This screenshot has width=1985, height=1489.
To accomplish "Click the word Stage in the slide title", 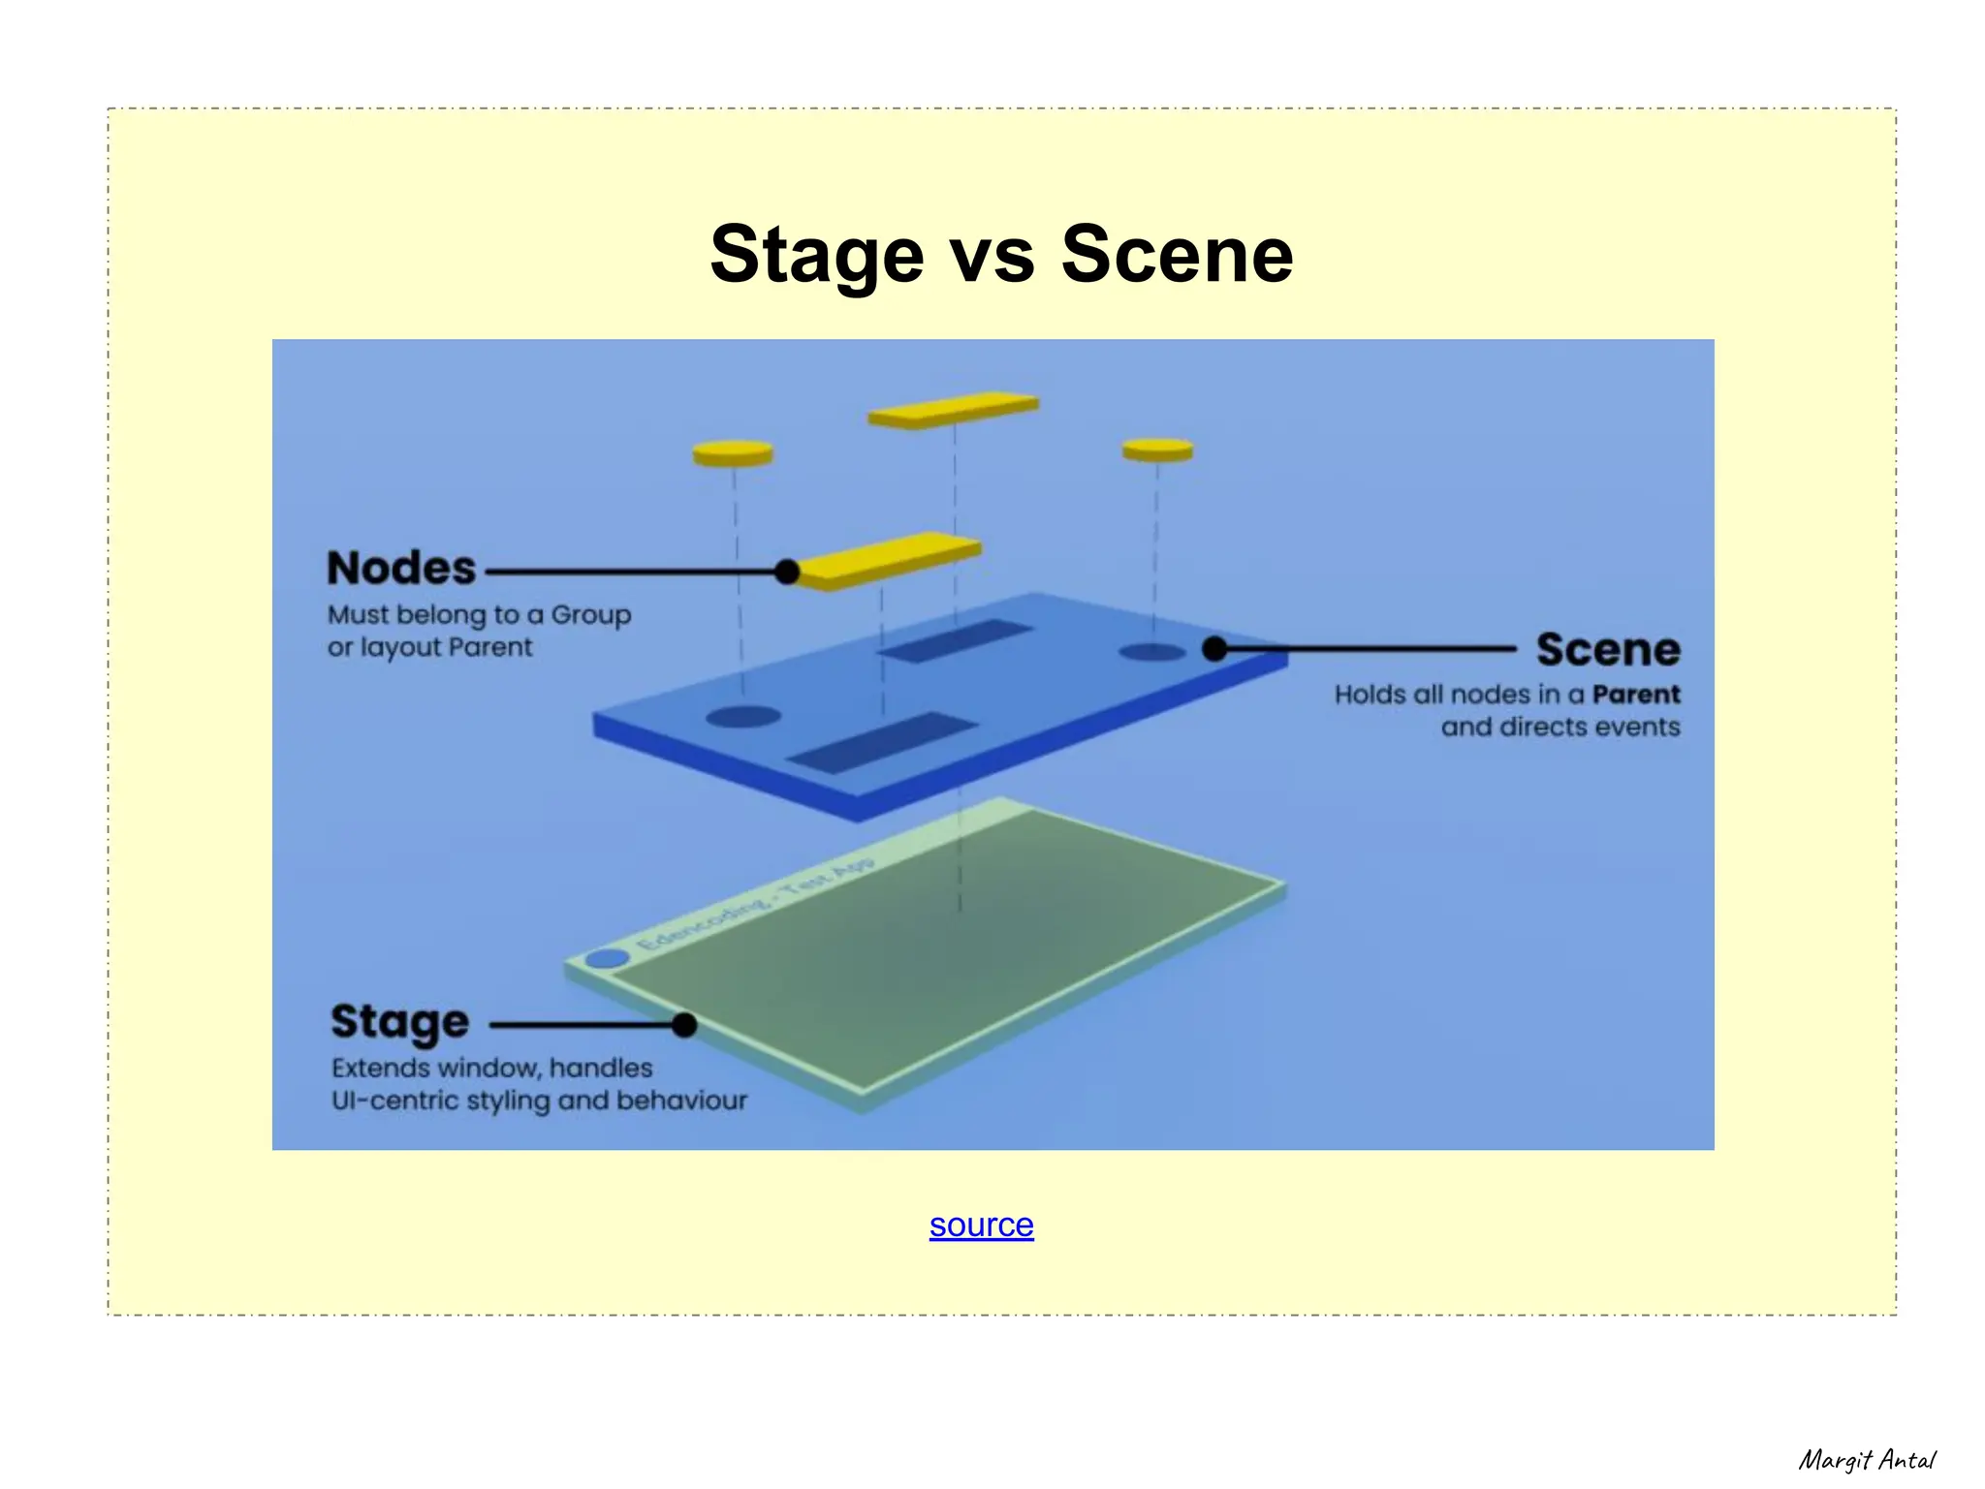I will (x=816, y=255).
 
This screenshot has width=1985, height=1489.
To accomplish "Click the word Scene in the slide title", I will (x=1177, y=255).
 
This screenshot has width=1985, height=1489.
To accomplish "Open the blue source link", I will (x=981, y=1225).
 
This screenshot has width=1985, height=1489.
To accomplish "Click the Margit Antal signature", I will (x=1866, y=1460).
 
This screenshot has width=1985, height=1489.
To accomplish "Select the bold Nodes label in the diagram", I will (x=401, y=569).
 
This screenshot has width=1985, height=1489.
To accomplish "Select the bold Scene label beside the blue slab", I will (x=1608, y=650).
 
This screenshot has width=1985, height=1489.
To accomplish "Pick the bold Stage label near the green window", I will (x=399, y=1022).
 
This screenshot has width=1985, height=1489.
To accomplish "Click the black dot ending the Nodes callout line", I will (x=788, y=572).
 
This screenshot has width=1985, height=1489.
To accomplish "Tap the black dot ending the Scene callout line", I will (x=1214, y=649).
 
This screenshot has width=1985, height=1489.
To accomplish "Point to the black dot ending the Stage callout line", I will (x=684, y=1024).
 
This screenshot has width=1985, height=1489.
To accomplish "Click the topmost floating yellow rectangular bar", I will (x=953, y=410).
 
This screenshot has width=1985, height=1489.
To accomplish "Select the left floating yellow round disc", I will (x=733, y=453).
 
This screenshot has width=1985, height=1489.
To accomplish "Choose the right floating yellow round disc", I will (x=1157, y=450).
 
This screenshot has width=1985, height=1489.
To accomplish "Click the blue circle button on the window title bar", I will (x=608, y=959).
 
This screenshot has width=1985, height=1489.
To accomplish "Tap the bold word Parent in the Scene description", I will (x=1636, y=695).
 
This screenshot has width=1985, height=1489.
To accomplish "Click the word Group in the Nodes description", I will (x=590, y=615).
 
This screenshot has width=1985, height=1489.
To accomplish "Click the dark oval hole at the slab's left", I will (x=743, y=717).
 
